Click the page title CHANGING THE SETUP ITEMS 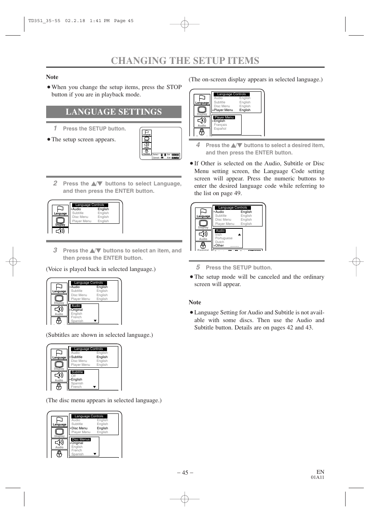[185, 61]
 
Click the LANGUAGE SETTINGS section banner [114, 112]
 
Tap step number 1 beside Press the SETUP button [55, 128]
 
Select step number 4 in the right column [198, 145]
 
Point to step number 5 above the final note [198, 267]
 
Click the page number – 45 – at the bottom [185, 472]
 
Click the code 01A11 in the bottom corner [317, 477]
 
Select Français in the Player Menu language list [220, 125]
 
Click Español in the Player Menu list [220, 129]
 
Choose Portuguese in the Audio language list [224, 238]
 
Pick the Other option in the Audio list [220, 245]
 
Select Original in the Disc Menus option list [77, 443]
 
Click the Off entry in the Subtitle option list [73, 376]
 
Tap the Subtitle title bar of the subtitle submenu [77, 372]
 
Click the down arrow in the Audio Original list [95, 321]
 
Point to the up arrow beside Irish [239, 235]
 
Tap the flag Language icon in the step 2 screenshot [60, 209]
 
